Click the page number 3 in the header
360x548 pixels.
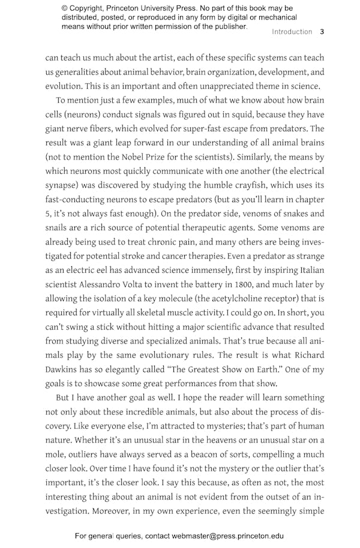(x=322, y=32)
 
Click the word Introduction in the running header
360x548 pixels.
(x=292, y=32)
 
